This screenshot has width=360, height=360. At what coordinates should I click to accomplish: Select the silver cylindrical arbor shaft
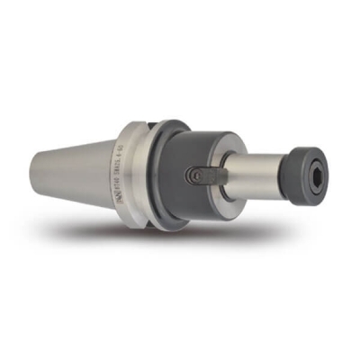(x=252, y=175)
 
